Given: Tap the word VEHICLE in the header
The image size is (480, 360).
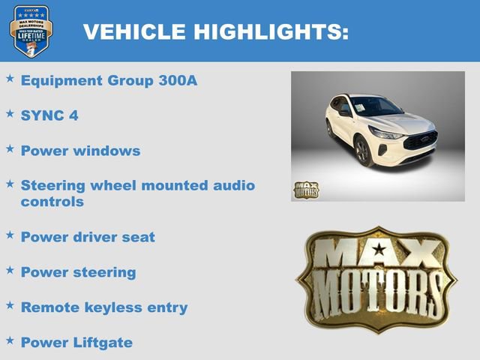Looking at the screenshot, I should click(134, 31).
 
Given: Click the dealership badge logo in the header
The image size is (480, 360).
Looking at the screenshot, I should click(31, 31).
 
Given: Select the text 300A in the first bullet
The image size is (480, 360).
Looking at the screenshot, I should click(177, 80).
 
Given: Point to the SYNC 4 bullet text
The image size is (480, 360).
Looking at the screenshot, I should click(49, 115).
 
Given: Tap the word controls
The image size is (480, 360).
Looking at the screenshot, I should click(52, 202).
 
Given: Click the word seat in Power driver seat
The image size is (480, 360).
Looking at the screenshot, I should click(139, 237).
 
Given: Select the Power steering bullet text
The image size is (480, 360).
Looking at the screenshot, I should click(79, 272).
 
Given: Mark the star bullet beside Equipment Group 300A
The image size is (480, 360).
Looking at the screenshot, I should click(10, 78).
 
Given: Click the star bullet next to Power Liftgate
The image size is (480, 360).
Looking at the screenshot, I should click(10, 340).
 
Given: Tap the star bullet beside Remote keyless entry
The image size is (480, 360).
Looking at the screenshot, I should click(10, 305).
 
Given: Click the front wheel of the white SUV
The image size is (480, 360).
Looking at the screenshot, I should click(362, 151).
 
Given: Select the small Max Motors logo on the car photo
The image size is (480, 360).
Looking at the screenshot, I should click(305, 190).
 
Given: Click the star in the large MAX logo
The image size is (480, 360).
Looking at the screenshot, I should click(379, 250).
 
